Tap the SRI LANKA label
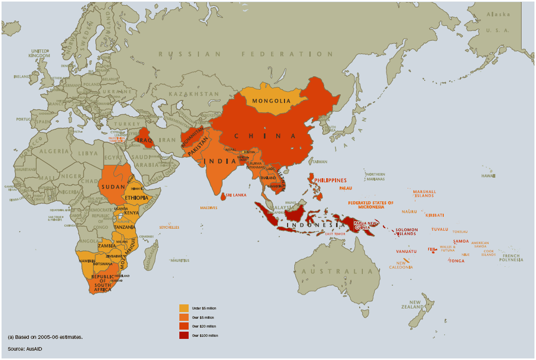click(236, 195)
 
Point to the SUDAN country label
click(112, 186)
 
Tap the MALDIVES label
click(209, 208)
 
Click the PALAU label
click(345, 188)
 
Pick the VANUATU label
click(406, 251)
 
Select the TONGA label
click(456, 261)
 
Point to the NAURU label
click(409, 212)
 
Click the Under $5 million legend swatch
click(184, 308)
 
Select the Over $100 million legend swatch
click(184, 336)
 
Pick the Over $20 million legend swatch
click(184, 327)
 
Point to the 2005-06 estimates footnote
click(45, 337)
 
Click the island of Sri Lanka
click(223, 197)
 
